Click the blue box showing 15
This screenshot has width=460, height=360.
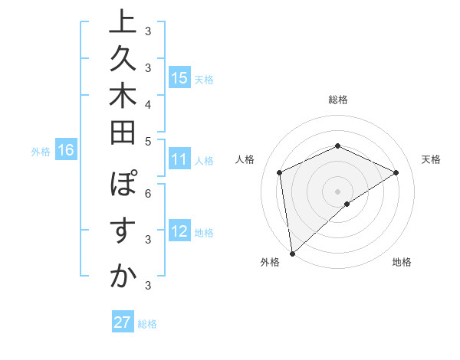coord(179,78)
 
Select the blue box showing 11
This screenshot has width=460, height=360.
coord(179,160)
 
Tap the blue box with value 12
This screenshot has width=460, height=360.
coord(179,232)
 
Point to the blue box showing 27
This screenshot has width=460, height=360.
coord(123,322)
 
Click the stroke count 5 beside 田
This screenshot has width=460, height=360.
coord(148,141)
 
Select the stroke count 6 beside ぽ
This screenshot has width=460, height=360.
coord(148,193)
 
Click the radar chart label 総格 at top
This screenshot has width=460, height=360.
coord(338,100)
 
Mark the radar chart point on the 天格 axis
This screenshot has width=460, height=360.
coord(396,172)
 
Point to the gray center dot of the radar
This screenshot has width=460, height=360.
coord(338,191)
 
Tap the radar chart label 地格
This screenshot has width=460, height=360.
coord(402,262)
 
